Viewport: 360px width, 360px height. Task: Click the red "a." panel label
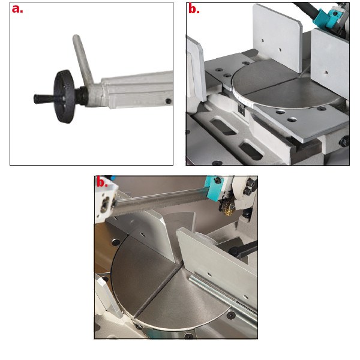pyautogui.click(x=17, y=9)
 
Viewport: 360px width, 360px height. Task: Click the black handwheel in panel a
pyautogui.click(x=64, y=97)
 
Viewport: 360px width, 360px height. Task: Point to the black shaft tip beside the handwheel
pyautogui.click(x=40, y=99)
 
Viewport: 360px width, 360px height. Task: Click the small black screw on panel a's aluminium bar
pyautogui.click(x=169, y=101)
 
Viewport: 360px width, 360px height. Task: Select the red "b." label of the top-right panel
pyautogui.click(x=194, y=9)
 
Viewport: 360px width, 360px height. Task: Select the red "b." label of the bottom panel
pyautogui.click(x=102, y=182)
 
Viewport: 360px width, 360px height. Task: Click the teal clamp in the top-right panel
pyautogui.click(x=326, y=17)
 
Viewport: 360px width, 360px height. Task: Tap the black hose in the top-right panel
pyautogui.click(x=306, y=10)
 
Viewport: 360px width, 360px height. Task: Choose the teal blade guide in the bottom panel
pyautogui.click(x=214, y=188)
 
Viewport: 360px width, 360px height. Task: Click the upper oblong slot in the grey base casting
pyautogui.click(x=225, y=126)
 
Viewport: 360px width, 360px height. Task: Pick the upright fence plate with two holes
pyautogui.click(x=277, y=38)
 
